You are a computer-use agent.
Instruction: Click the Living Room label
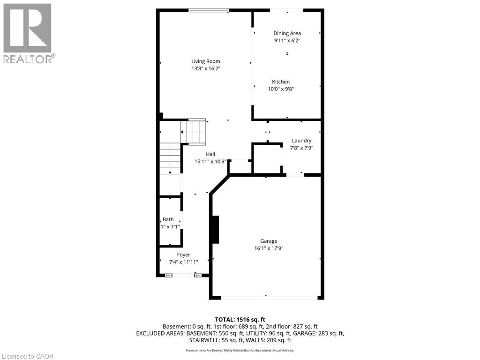click(205, 61)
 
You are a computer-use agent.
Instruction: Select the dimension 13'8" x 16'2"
click(205, 68)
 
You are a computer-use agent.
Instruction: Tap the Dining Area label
click(287, 33)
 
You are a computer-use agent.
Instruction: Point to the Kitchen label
click(281, 82)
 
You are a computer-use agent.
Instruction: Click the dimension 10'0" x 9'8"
click(281, 89)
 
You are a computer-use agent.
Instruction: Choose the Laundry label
click(301, 141)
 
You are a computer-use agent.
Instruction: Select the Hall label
click(210, 154)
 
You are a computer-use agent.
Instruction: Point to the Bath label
click(168, 219)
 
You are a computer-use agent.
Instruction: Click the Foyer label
click(183, 255)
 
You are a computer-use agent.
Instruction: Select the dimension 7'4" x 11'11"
click(183, 262)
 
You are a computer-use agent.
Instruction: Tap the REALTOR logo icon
click(27, 28)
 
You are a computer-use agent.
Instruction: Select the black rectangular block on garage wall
click(215, 229)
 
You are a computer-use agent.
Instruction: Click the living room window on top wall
click(209, 10)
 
